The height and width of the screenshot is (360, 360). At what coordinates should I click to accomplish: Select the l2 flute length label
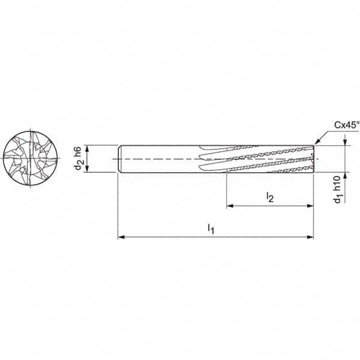pyautogui.click(x=270, y=197)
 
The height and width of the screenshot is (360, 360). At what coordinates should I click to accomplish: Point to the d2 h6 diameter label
pyautogui.click(x=79, y=158)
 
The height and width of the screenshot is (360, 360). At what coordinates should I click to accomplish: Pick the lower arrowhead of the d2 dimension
pyautogui.click(x=88, y=169)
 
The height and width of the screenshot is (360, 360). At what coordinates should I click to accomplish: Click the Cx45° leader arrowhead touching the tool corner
pyautogui.click(x=316, y=143)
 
